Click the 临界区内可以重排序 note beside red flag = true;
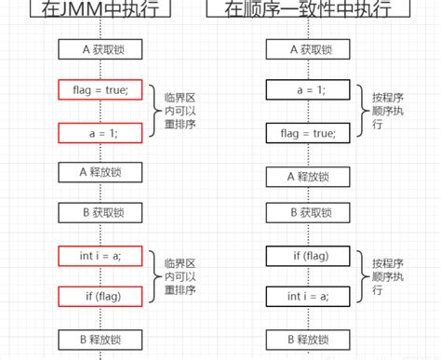[177, 112]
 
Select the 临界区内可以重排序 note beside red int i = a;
[177, 275]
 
